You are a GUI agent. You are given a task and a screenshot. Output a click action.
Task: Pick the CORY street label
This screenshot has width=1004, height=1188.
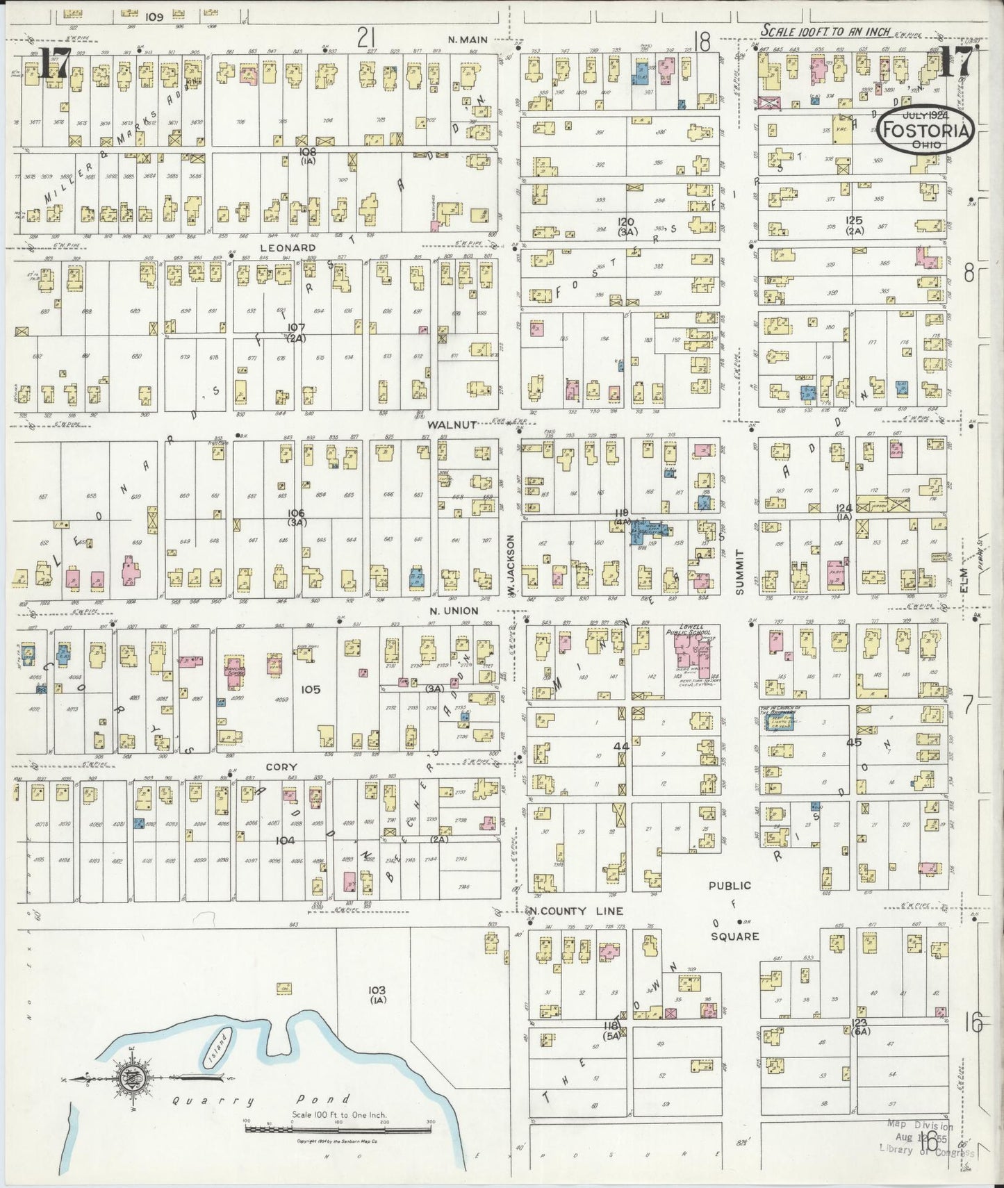283,768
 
